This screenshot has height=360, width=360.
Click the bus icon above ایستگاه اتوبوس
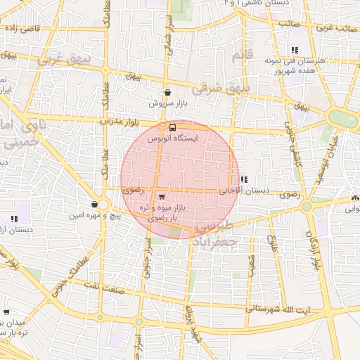click(x=173, y=127)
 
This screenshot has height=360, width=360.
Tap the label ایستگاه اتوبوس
click(x=173, y=140)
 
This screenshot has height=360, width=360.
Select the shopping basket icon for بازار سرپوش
click(x=167, y=92)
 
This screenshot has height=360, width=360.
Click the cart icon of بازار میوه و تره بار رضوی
click(x=162, y=197)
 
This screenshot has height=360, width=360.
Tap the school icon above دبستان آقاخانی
click(x=244, y=180)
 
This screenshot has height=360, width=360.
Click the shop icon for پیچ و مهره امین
click(x=94, y=205)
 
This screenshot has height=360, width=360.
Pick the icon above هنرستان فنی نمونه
click(x=294, y=50)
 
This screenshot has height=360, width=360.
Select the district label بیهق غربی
click(x=60, y=60)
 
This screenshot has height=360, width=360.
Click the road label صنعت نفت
click(x=99, y=284)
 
